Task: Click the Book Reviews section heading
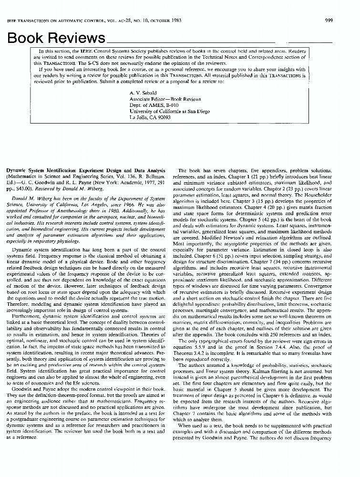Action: tap(56, 38)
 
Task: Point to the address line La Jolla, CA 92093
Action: tap(150, 117)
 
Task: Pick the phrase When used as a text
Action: tap(202, 425)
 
